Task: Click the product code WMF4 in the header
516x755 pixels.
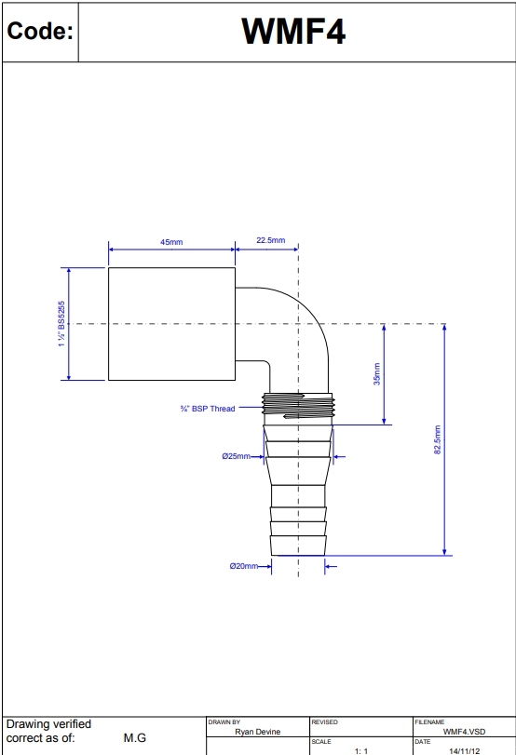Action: (294, 32)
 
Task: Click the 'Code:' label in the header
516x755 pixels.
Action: (39, 32)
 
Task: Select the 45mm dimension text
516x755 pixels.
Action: (171, 241)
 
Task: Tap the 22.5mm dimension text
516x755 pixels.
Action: (270, 240)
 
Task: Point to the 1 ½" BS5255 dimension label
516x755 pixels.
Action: (61, 324)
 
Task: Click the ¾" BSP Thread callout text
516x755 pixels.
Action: (208, 408)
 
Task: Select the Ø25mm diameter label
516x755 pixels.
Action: (237, 456)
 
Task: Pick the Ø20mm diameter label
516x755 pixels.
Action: (244, 566)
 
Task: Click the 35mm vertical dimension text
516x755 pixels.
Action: (377, 376)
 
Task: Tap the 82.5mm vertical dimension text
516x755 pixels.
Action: (438, 439)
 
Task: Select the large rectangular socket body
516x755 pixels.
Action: (170, 324)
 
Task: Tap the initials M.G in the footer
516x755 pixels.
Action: (134, 738)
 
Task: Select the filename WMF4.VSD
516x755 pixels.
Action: (464, 732)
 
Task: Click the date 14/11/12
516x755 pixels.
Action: (464, 749)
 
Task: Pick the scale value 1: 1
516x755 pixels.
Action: (361, 749)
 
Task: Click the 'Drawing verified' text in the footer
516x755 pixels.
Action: (48, 724)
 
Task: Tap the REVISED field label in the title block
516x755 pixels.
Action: (324, 721)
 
